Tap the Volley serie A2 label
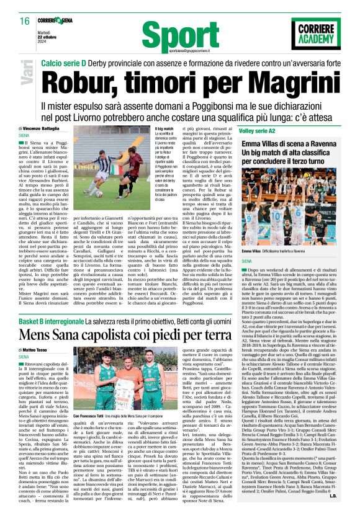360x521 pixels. pyautogui.click(x=254, y=130)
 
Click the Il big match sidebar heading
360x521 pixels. pyautogui.click(x=163, y=128)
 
